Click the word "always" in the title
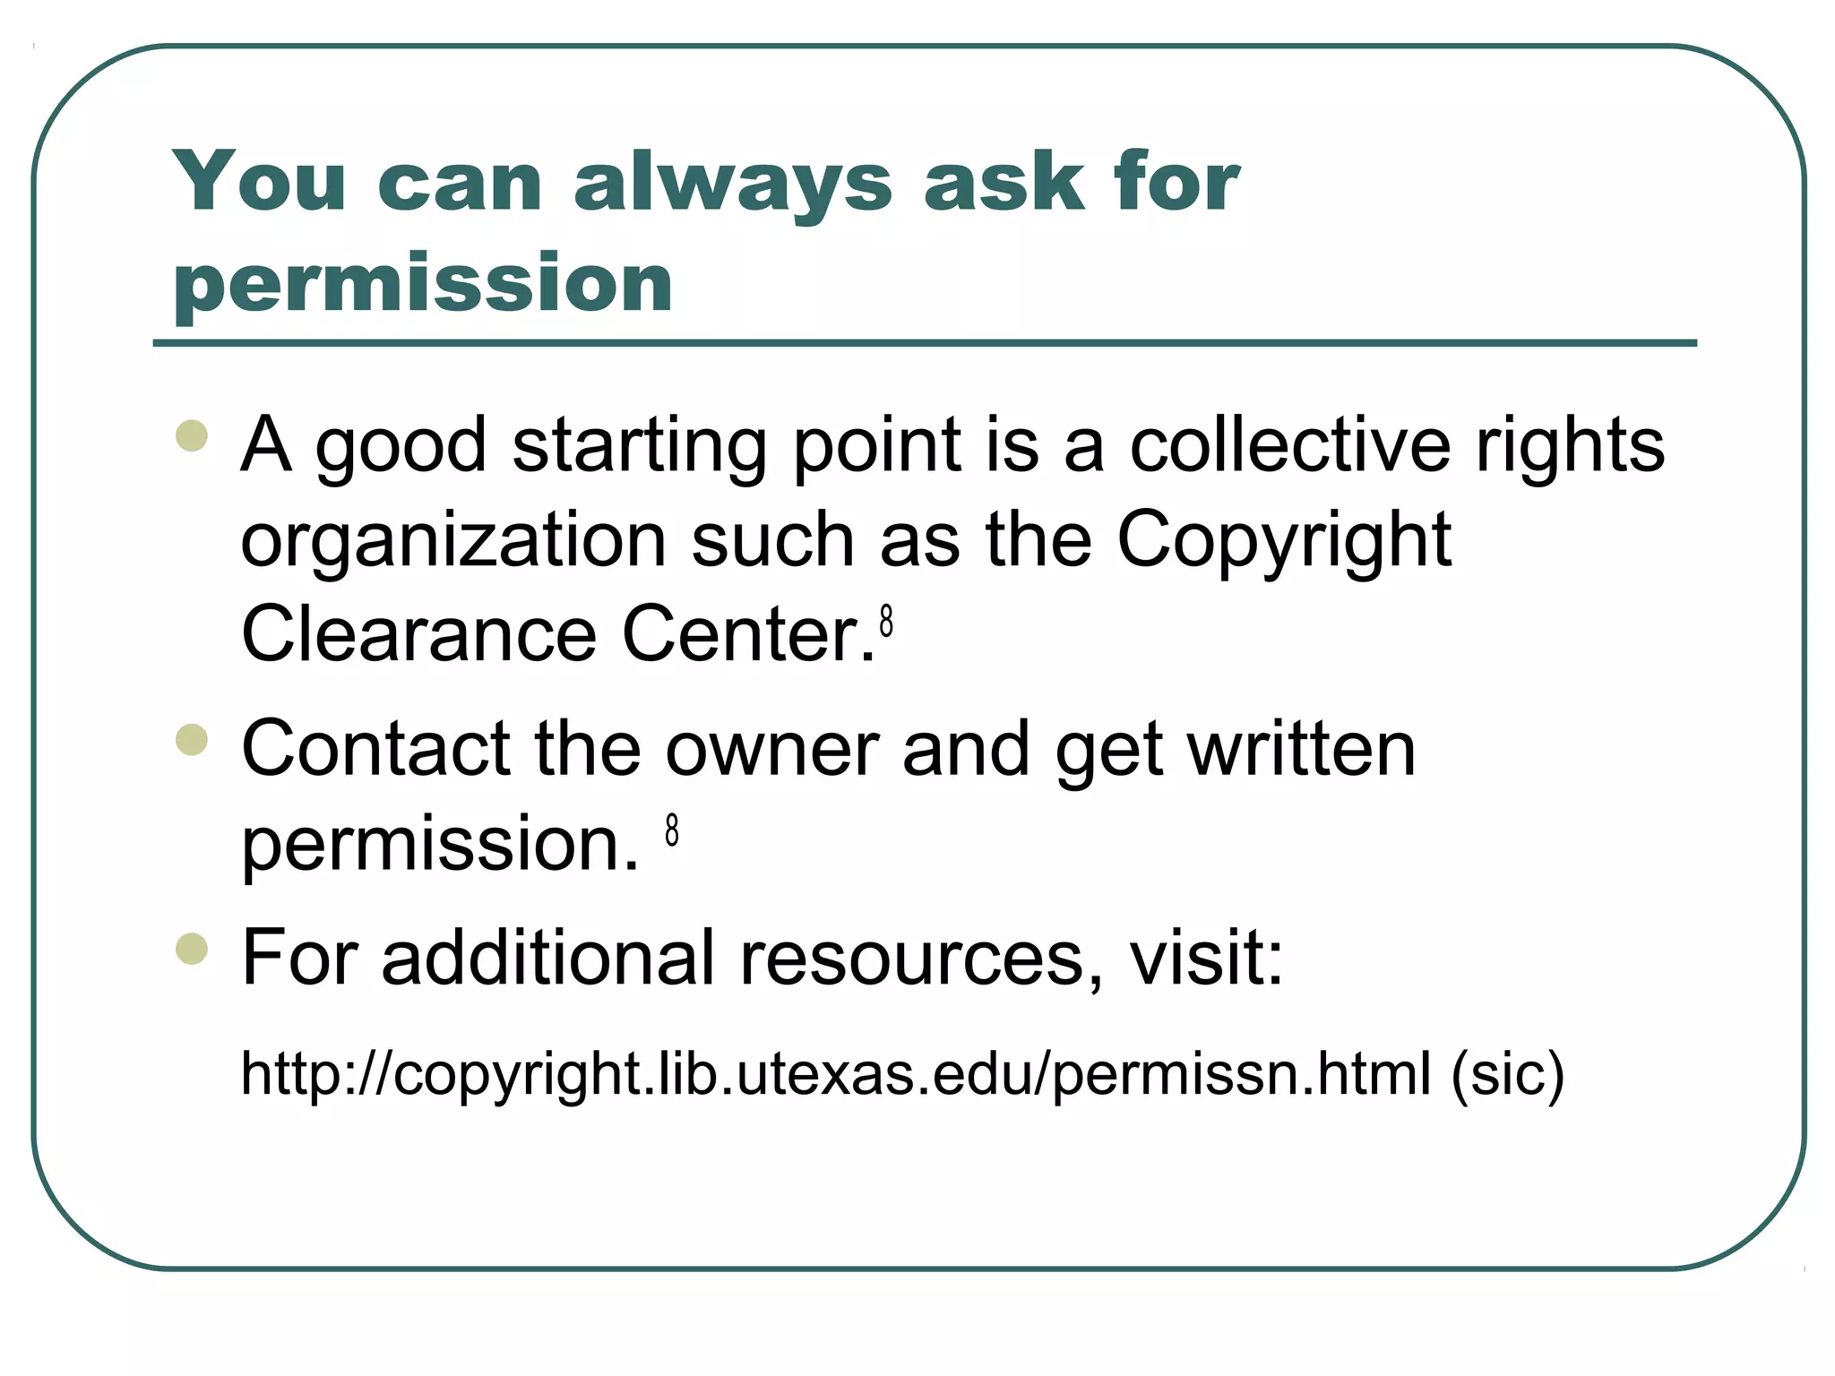pos(732,184)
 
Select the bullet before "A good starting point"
pos(193,436)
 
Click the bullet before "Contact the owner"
pos(193,740)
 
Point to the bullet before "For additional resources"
pos(193,950)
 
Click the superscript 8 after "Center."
pos(886,621)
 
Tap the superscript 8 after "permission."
pos(672,830)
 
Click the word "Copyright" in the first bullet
pos(1283,540)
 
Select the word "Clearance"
pos(418,634)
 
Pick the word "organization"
pos(453,540)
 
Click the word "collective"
pos(1289,445)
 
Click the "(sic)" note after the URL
pos(1507,1074)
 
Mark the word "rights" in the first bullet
pos(1569,445)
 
